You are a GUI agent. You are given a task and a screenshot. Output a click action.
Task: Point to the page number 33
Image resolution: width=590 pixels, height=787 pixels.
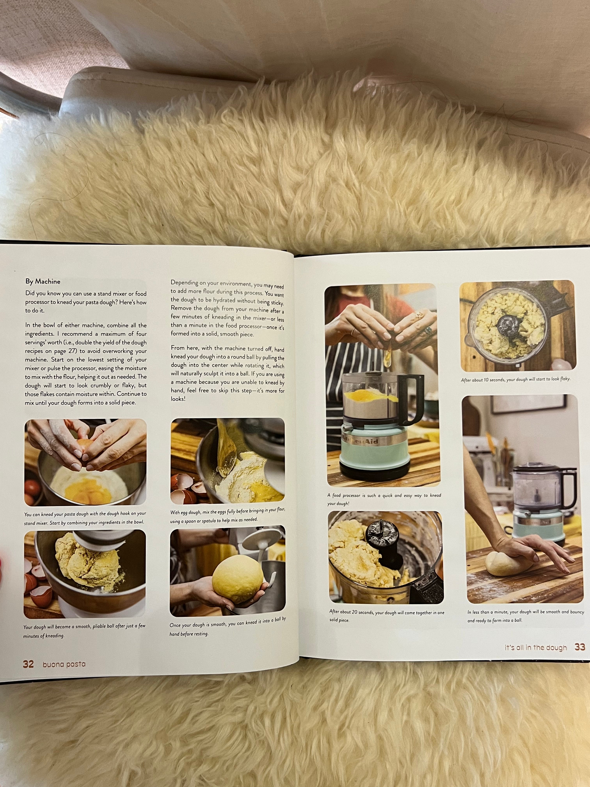tap(580, 647)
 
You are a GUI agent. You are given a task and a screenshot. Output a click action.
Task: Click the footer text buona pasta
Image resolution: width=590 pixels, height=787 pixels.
tap(64, 664)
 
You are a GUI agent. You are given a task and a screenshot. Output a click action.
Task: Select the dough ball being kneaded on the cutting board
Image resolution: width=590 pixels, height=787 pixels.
tap(505, 563)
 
